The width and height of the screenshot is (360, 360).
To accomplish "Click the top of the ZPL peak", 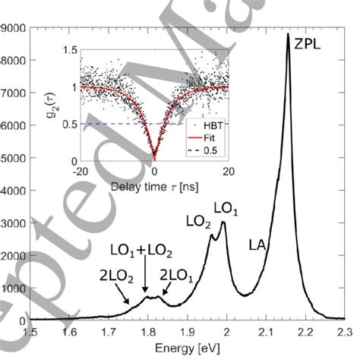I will point(287,34).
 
